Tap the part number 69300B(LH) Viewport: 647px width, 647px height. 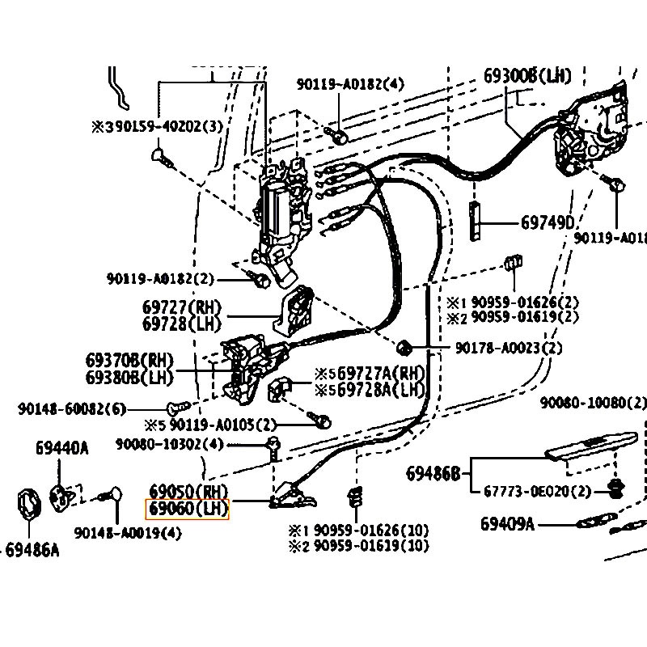pyautogui.click(x=527, y=76)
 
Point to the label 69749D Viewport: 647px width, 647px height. pyautogui.click(x=547, y=222)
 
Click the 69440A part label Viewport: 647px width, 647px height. pyautogui.click(x=61, y=447)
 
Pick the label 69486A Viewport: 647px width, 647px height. pyautogui.click(x=32, y=551)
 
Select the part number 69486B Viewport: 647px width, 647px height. pyautogui.click(x=433, y=472)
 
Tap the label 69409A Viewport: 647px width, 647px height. pyautogui.click(x=507, y=524)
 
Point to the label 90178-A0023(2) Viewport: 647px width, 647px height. pyautogui.click(x=508, y=348)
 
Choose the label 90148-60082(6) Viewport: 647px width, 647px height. pyautogui.click(x=72, y=409)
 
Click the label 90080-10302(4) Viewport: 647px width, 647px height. pyautogui.click(x=169, y=444)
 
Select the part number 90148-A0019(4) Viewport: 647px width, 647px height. pyautogui.click(x=128, y=533)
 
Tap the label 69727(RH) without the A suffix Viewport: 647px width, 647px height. pyautogui.click(x=181, y=308)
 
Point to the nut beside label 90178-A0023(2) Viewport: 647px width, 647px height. pyautogui.click(x=405, y=349)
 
